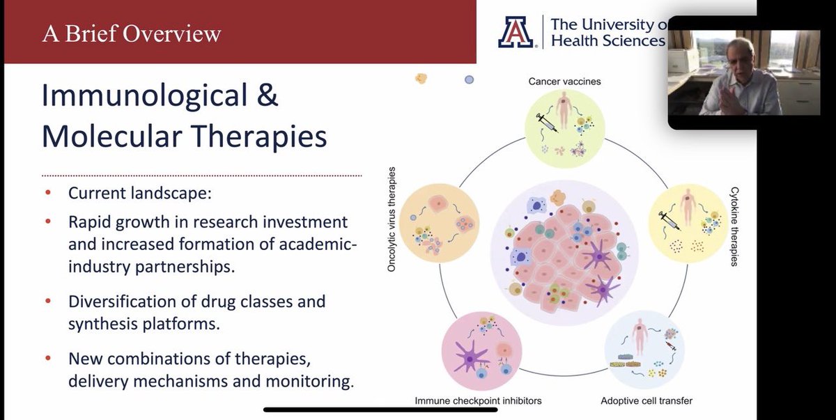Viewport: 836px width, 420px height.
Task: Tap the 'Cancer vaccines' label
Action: coord(564,81)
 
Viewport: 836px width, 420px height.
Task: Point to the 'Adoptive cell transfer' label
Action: coord(646,400)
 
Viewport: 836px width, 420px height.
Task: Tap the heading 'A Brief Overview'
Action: coord(132,33)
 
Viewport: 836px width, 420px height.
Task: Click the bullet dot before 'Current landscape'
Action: coord(47,194)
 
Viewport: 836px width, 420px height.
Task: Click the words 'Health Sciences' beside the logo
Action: coord(607,41)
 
